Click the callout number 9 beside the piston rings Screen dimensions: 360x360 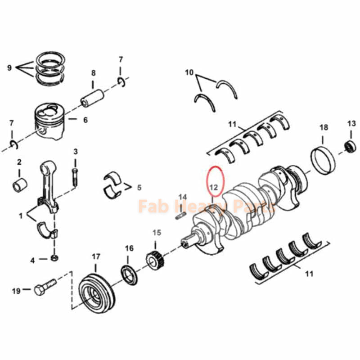(9, 68)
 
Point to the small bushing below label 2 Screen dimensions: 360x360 (19, 185)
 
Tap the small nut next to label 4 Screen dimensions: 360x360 (54, 258)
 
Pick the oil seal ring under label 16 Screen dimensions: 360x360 (130, 275)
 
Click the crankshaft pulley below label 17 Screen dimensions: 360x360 (97, 292)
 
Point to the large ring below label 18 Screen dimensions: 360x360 (324, 159)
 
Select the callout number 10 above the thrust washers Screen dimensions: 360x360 (189, 72)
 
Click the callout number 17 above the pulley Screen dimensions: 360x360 (96, 256)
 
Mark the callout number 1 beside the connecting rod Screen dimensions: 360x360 (20, 216)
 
